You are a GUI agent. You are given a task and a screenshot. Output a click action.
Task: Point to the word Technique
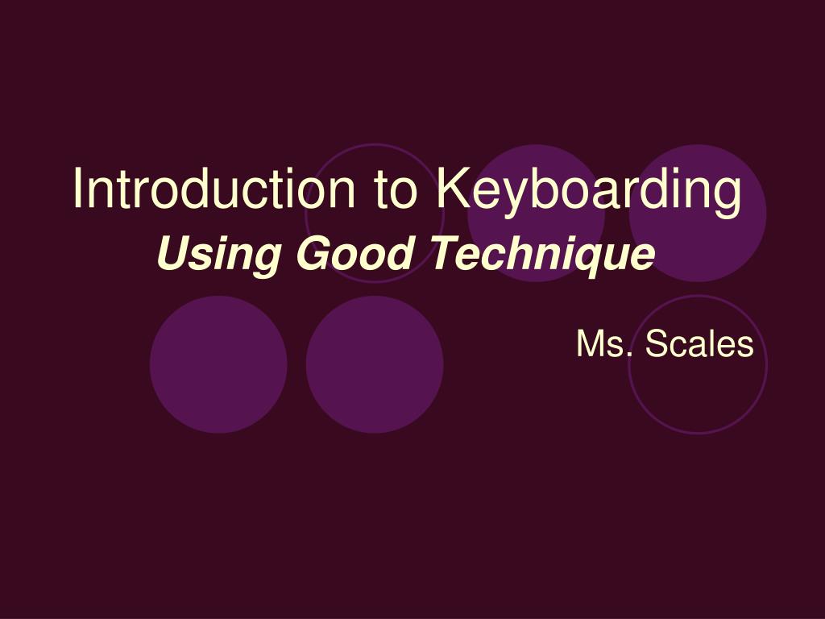pos(541,256)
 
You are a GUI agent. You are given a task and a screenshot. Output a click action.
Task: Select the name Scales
pos(699,345)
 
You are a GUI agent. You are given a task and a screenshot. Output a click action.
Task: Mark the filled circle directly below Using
pos(218,364)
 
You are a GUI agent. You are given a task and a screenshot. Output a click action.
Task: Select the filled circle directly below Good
pos(375,364)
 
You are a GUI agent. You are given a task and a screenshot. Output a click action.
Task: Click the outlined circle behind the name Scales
pos(698,387)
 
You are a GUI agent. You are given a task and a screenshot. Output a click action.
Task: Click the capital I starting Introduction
pos(78,188)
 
